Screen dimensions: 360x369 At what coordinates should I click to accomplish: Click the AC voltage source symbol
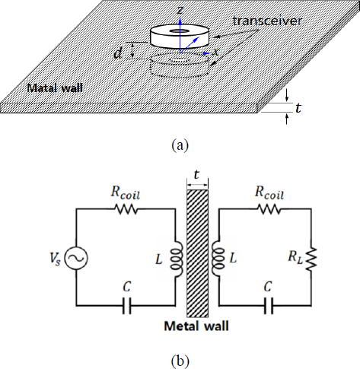[x=76, y=258]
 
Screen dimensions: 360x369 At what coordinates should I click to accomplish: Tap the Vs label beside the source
[x=56, y=259]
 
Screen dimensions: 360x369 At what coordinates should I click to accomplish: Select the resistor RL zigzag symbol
[x=311, y=259]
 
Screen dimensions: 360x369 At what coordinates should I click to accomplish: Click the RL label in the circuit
[x=295, y=257]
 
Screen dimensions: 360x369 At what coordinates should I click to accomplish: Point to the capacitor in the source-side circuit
[x=127, y=305]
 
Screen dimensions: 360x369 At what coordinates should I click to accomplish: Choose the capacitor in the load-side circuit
[x=269, y=305]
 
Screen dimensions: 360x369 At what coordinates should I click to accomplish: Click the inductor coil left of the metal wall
[x=177, y=259]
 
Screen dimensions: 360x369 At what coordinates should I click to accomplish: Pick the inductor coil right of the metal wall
[x=218, y=259]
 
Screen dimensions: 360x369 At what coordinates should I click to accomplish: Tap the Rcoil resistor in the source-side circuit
[x=126, y=209]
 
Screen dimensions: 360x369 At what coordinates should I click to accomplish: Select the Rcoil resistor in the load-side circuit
[x=269, y=209]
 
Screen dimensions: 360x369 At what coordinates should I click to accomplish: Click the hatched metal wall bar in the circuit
[x=197, y=253]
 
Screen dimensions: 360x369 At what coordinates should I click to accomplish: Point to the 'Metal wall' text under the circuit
[x=196, y=326]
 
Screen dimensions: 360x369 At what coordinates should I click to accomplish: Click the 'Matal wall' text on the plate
[x=55, y=88]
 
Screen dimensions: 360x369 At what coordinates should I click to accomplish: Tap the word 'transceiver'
[x=267, y=21]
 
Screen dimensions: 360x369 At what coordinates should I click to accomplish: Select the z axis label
[x=180, y=10]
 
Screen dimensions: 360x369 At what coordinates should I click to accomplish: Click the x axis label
[x=215, y=52]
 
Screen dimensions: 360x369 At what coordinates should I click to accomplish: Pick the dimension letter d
[x=118, y=53]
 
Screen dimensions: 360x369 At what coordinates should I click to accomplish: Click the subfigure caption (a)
[x=180, y=145]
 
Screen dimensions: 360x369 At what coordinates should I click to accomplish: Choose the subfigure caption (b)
[x=180, y=361]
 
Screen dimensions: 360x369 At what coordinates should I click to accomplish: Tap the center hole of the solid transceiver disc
[x=180, y=31]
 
